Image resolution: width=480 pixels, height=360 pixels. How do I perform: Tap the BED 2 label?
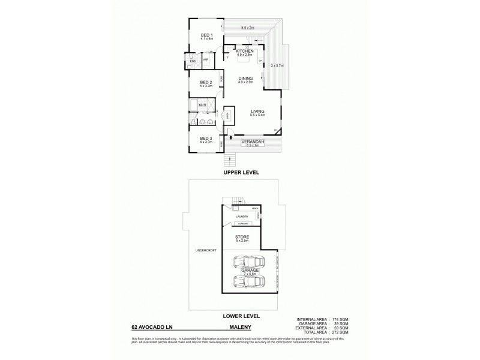[x=206, y=82]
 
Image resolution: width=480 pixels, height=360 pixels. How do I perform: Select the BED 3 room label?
[x=206, y=139]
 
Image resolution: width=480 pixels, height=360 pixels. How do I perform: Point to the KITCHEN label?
[x=245, y=52]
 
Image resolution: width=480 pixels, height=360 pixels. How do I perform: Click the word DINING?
[x=245, y=78]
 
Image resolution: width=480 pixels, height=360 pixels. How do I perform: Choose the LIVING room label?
[x=258, y=111]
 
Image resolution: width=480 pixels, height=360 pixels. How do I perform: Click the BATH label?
[x=202, y=105]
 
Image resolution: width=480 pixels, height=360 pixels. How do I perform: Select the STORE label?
[x=242, y=237]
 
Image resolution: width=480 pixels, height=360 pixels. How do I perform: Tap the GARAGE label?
[x=251, y=270]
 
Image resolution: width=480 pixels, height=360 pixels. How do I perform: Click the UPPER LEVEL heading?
[x=241, y=172]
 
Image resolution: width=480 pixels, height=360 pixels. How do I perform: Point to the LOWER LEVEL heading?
[x=241, y=315]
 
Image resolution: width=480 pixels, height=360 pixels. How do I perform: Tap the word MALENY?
[x=239, y=328]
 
